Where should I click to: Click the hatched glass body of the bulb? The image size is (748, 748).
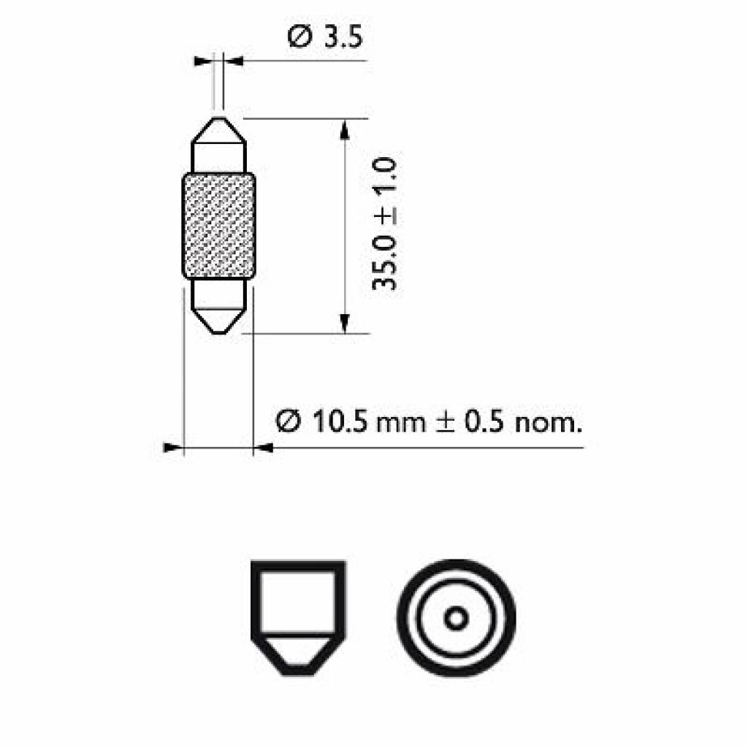(x=218, y=226)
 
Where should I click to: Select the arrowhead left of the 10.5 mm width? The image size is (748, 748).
(x=172, y=447)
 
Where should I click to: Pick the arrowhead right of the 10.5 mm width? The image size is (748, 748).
(x=262, y=447)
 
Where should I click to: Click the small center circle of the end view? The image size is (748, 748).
(x=457, y=619)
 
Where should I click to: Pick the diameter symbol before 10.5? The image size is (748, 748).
(x=288, y=421)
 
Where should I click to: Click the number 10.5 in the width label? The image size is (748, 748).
(x=340, y=421)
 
